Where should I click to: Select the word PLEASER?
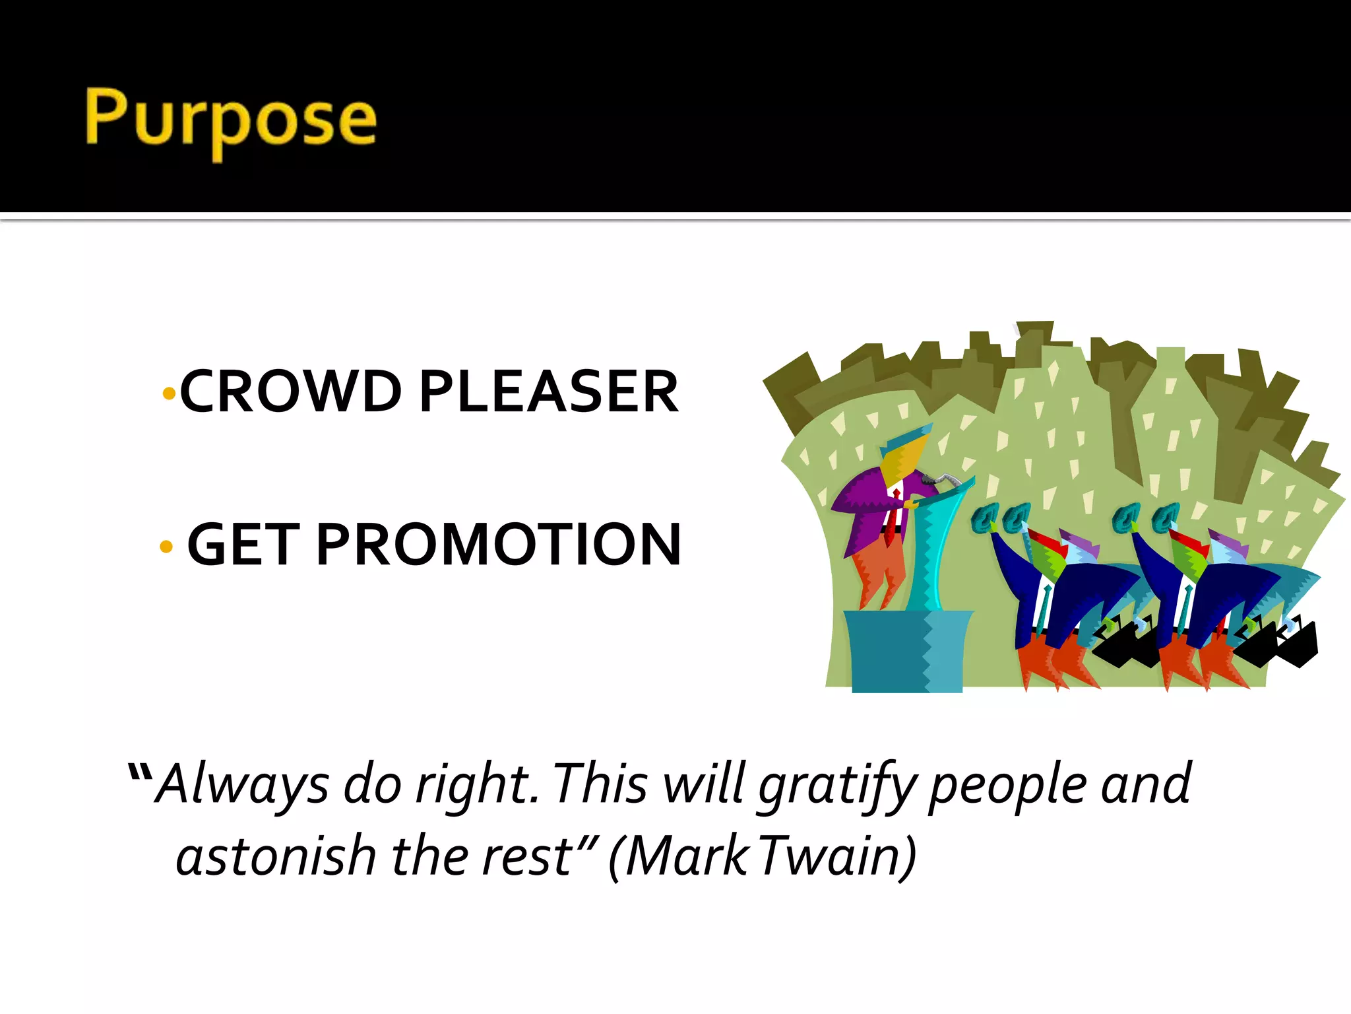tap(549, 391)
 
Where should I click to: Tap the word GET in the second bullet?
tap(243, 545)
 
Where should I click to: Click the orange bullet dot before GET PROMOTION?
tap(166, 547)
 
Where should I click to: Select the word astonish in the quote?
tap(276, 857)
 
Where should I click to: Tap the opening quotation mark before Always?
tap(141, 772)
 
